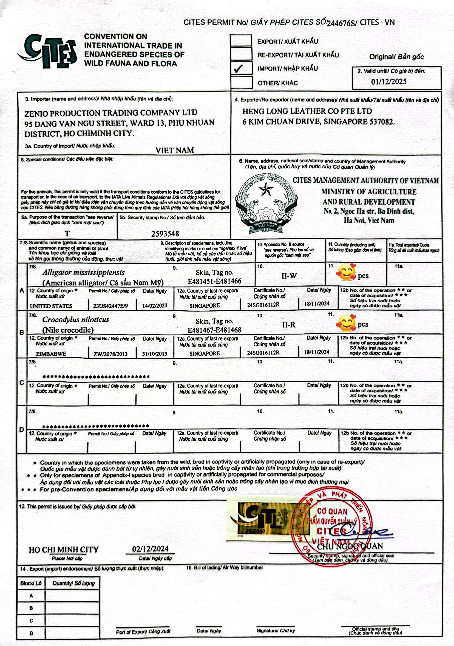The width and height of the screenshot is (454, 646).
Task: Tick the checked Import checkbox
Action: tap(241, 68)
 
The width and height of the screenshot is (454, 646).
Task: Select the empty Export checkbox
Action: tap(241, 41)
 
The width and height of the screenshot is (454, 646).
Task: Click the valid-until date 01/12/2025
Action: tap(389, 82)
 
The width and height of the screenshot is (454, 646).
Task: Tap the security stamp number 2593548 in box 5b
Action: tap(165, 234)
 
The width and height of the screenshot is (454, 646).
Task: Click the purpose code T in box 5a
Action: tap(67, 234)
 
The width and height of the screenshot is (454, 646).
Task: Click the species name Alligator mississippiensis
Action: tap(84, 272)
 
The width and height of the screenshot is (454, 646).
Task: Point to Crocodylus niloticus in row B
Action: tap(76, 320)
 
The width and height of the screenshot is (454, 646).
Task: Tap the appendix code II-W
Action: tap(289, 276)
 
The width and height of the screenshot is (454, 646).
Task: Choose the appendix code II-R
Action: tap(289, 325)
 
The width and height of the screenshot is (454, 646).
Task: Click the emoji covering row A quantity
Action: tap(346, 272)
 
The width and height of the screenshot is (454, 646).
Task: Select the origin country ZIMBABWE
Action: tap(51, 354)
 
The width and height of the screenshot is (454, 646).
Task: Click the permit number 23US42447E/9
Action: tap(110, 306)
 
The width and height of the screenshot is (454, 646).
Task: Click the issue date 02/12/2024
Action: tap(150, 549)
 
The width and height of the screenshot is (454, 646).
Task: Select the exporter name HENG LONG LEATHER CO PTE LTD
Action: tap(307, 111)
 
